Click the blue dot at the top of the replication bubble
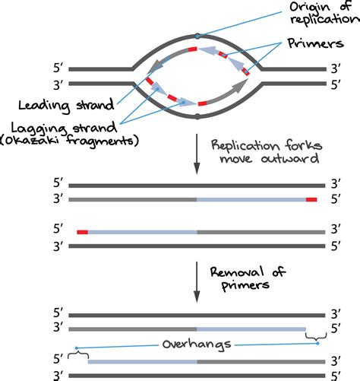[x=197, y=36]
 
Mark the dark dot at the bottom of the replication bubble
[x=197, y=117]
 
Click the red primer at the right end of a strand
[x=311, y=199]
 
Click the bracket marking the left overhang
[x=76, y=351]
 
